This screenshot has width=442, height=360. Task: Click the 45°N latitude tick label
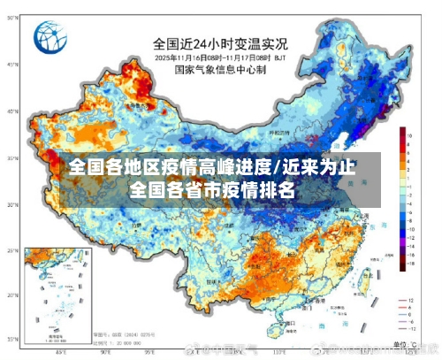coord(11,65)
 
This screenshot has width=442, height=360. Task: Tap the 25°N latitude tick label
coord(11,251)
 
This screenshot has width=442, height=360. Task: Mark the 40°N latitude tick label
coord(11,111)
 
